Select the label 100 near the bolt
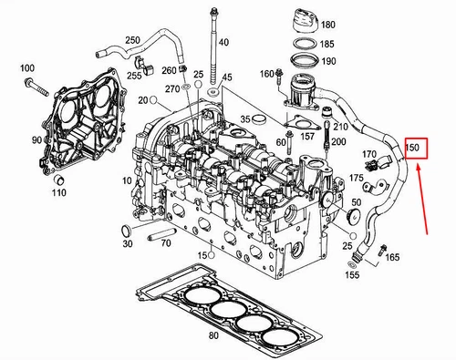pyautogui.click(x=26, y=69)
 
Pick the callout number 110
pyautogui.click(x=58, y=192)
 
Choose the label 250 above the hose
pyautogui.click(x=132, y=40)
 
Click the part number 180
pyautogui.click(x=327, y=25)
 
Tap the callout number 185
pyautogui.click(x=327, y=43)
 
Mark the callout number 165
pyautogui.click(x=392, y=259)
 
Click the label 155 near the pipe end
pyautogui.click(x=352, y=274)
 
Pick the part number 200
pyautogui.click(x=338, y=142)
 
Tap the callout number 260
pyautogui.click(x=169, y=70)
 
